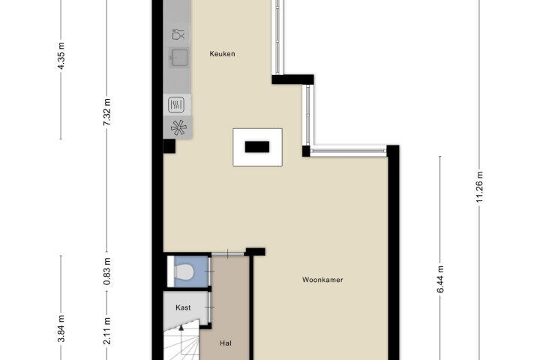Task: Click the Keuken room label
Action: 222,54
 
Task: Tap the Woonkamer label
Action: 322,280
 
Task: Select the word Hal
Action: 226,343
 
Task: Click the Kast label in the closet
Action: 183,307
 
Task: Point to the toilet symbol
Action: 183,271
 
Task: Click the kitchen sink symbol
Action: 179,57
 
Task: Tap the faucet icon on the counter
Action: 178,34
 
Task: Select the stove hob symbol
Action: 176,105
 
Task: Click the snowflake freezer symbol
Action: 178,127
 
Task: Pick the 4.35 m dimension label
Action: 61,55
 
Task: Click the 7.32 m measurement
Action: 107,112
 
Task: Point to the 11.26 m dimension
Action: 479,187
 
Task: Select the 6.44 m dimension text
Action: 440,279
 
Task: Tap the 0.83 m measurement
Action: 107,271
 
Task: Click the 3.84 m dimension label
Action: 61,328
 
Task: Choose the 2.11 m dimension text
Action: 107,331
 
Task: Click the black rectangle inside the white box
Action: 257,147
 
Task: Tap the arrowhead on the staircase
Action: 181,328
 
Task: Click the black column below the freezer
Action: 169,146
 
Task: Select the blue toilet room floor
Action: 190,271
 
